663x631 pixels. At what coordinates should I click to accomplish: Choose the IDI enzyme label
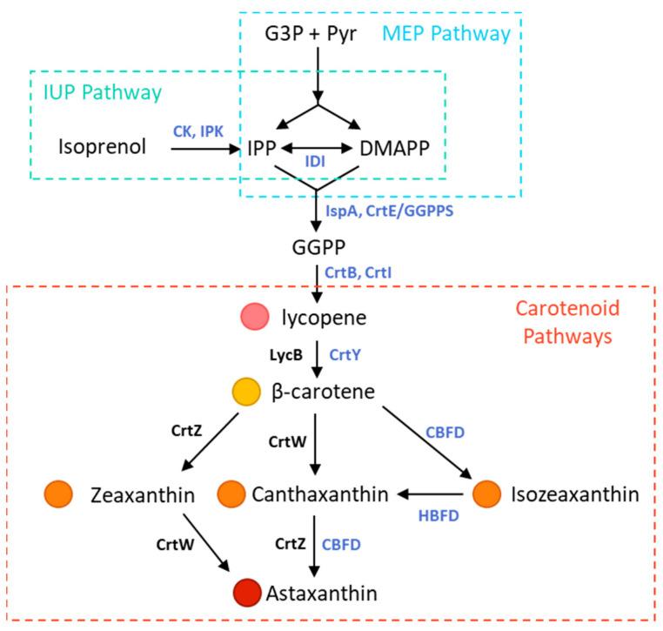pos(315,162)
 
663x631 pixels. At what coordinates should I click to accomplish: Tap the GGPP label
pos(316,248)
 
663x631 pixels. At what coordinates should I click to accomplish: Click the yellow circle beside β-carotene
pos(246,393)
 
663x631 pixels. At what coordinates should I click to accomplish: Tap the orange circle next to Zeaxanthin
pos(57,494)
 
